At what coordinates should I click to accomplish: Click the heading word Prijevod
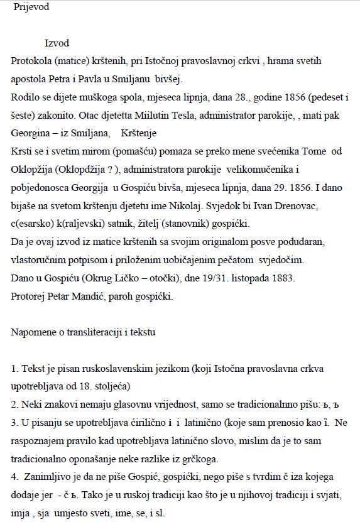[x=31, y=8]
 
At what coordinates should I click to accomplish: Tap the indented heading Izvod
[x=57, y=43]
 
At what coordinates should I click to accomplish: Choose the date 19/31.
[x=216, y=278]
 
